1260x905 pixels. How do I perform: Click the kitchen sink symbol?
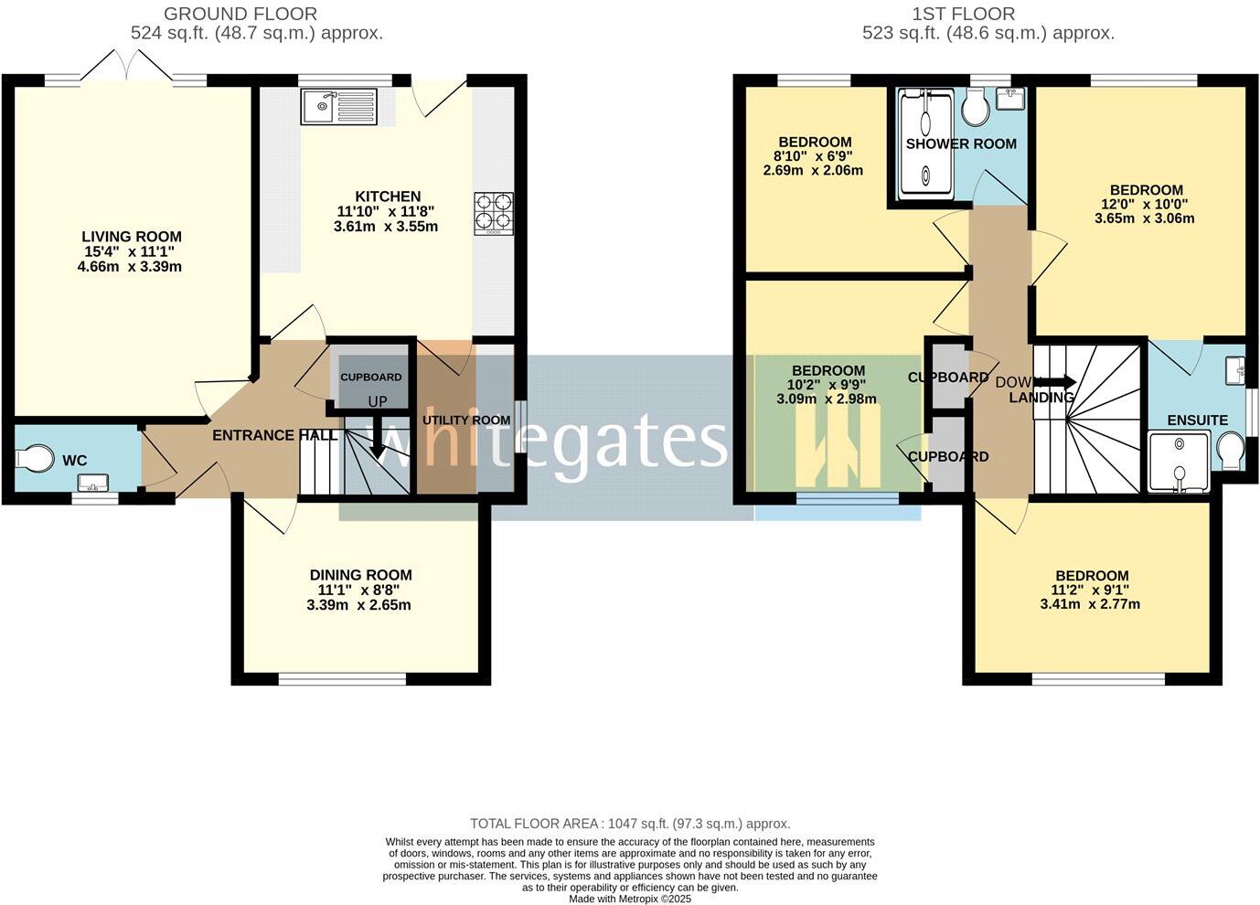[338, 107]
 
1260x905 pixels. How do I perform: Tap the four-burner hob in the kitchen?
[493, 214]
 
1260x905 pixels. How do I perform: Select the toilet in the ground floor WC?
[37, 458]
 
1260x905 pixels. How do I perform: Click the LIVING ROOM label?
[132, 237]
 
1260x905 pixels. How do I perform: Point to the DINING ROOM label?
[360, 575]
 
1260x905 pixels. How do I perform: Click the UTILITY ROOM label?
[466, 421]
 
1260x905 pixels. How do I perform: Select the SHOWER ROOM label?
[961, 144]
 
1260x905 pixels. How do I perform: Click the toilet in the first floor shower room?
[976, 111]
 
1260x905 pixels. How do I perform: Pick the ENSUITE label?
[1197, 421]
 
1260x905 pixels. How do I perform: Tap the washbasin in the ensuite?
[1234, 370]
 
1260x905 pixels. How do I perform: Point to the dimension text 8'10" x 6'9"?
[814, 156]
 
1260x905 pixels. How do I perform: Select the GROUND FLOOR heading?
[240, 14]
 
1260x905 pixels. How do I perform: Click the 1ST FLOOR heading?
[963, 14]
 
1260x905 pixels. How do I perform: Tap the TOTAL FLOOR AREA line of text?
[630, 824]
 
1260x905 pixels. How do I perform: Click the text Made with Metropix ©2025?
[630, 899]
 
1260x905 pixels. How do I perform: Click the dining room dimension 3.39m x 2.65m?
[360, 605]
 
